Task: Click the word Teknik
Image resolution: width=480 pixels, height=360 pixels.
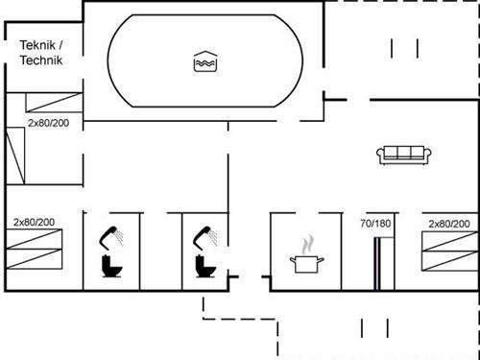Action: coord(37,45)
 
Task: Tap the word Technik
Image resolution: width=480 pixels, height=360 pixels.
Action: coord(41,60)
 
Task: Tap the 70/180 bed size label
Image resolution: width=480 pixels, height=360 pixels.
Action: coord(375,223)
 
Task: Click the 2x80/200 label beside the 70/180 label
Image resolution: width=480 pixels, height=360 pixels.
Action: coord(449,223)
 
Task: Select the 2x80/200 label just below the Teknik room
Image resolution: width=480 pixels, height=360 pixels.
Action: coord(47,124)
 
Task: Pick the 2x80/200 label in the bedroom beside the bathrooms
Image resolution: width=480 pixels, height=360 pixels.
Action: coord(34,222)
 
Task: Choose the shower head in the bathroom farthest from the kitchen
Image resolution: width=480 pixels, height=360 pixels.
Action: coord(111,233)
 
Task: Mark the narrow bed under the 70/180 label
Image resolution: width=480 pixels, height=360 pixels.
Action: coord(378,260)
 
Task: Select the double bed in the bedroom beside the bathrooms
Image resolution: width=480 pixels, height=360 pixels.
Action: coord(36,253)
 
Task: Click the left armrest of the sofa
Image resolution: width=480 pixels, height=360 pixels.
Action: coord(381,154)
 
